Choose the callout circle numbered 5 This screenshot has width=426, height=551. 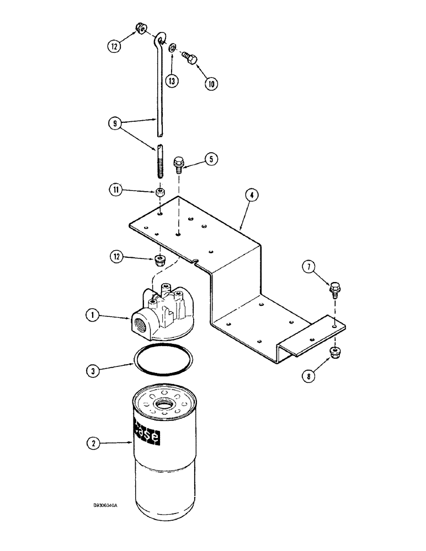tap(210, 159)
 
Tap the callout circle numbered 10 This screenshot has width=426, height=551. tap(210, 84)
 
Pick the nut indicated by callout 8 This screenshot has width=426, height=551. tap(334, 352)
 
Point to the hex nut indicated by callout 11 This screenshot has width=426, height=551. tap(158, 194)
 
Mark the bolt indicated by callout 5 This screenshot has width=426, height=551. tap(179, 164)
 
